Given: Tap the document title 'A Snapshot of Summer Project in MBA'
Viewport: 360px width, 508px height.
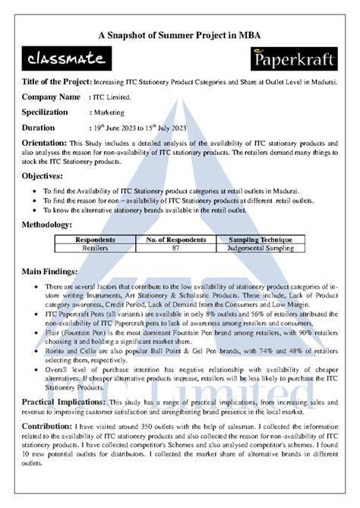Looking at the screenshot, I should tap(180, 36).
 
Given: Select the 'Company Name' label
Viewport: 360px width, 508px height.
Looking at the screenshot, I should tap(51, 97).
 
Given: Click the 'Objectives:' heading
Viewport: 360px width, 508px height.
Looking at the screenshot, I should tap(46, 176).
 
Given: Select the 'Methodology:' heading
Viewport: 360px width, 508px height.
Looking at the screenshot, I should tap(48, 225).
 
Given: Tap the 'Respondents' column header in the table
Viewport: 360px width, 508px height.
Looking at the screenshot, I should tap(95, 240).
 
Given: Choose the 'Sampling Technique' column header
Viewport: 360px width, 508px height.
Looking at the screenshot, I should tap(260, 240).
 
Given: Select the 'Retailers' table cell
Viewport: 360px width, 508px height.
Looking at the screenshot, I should tap(95, 248).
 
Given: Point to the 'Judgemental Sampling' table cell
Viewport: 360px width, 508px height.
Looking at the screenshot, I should tap(260, 248).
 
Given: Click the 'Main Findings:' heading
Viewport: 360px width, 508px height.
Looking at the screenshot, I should tap(49, 271).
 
